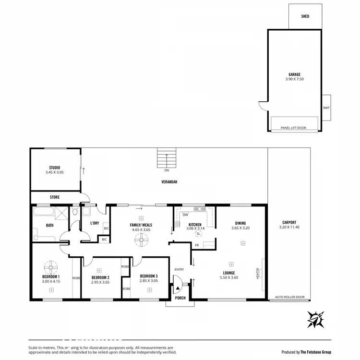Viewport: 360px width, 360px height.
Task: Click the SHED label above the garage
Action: click(305, 16)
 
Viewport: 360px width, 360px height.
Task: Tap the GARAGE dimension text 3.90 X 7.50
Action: click(294, 79)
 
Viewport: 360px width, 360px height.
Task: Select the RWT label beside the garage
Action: click(326, 108)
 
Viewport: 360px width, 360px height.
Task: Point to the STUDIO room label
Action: click(54, 168)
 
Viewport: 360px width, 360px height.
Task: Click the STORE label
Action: click(55, 197)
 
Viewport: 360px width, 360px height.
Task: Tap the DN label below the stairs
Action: click(167, 170)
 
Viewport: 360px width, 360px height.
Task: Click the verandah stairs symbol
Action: click(167, 158)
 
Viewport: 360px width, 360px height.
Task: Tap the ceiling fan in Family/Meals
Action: click(141, 239)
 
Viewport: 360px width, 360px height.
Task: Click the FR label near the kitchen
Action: click(197, 245)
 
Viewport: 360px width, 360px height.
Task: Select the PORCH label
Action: click(180, 298)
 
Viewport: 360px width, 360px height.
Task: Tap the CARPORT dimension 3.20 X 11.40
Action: click(289, 227)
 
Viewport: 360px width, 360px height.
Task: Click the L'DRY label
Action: click(95, 223)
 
